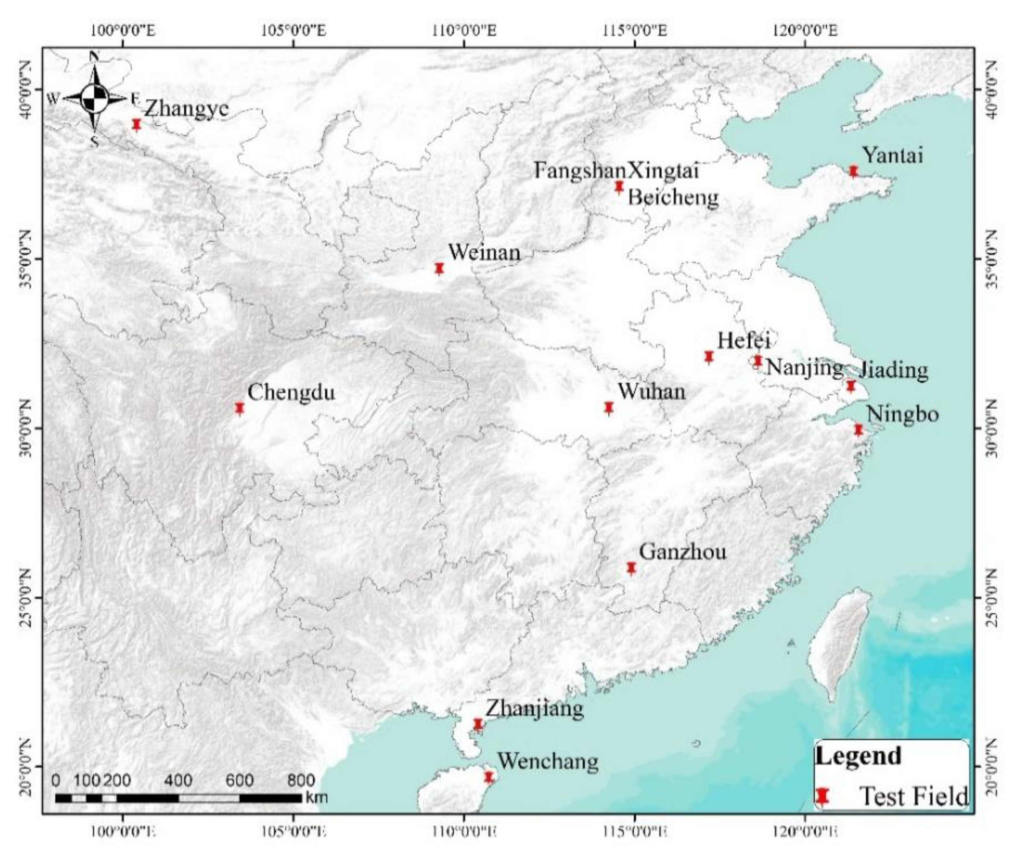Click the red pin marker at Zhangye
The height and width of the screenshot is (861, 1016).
point(137,125)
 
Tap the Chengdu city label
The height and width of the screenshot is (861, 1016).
point(291,392)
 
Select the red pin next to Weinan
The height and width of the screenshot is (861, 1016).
point(439,269)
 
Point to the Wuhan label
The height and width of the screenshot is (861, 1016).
point(651,391)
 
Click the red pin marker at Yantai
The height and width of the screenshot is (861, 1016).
point(853,171)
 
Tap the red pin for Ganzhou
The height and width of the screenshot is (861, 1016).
point(631,568)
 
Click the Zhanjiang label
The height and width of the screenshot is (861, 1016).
point(534,709)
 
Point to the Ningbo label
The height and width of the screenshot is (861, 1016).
point(902,414)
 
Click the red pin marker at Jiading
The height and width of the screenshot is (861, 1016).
point(851,386)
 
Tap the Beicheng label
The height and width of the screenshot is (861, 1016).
point(673,198)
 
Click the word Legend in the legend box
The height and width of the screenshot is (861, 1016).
point(858,756)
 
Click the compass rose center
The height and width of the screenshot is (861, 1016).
point(95,98)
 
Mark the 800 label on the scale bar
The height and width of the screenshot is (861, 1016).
point(300,780)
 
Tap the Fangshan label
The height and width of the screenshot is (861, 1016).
point(579,171)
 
